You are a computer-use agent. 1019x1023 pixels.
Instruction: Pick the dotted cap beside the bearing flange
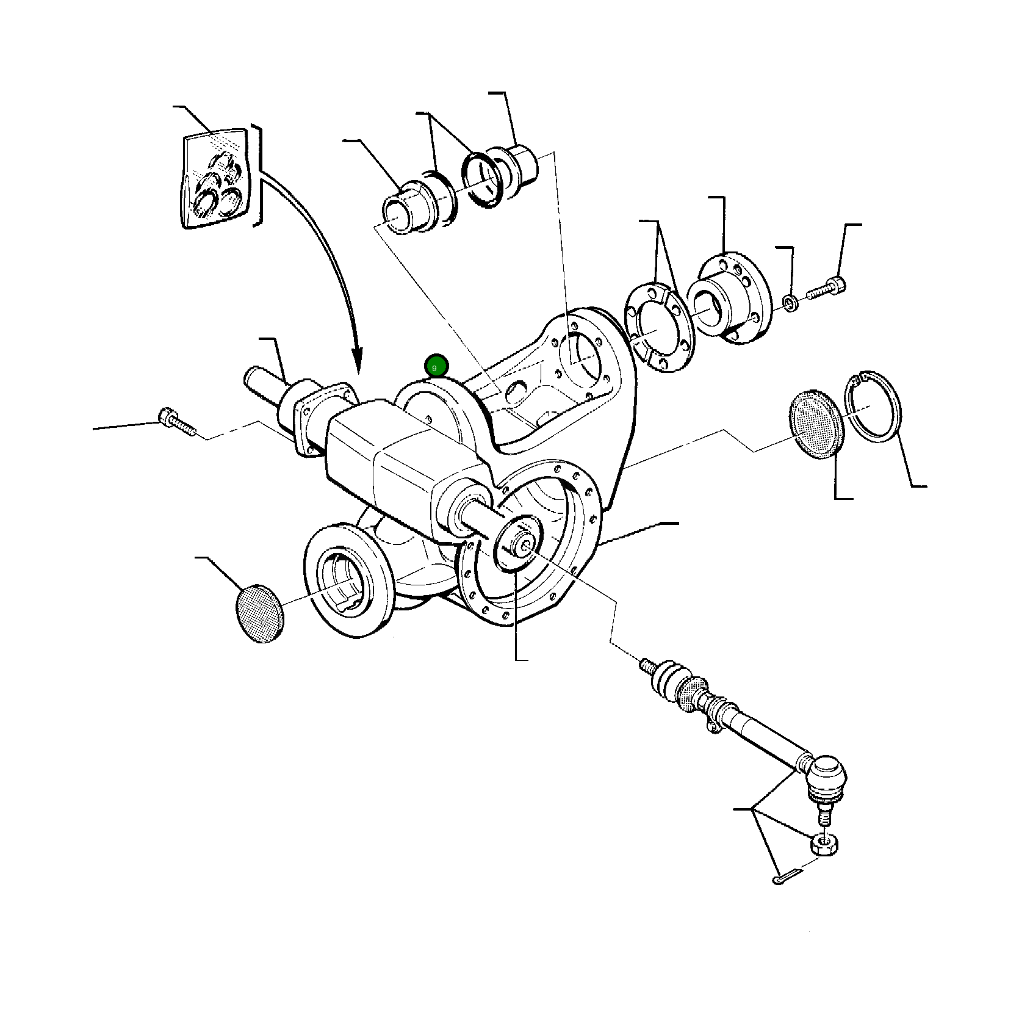coord(259,613)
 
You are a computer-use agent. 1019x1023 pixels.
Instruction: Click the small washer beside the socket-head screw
coord(790,303)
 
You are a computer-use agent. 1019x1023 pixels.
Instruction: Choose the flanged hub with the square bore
coord(728,298)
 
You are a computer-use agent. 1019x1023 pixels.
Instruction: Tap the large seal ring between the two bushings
coord(483,180)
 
